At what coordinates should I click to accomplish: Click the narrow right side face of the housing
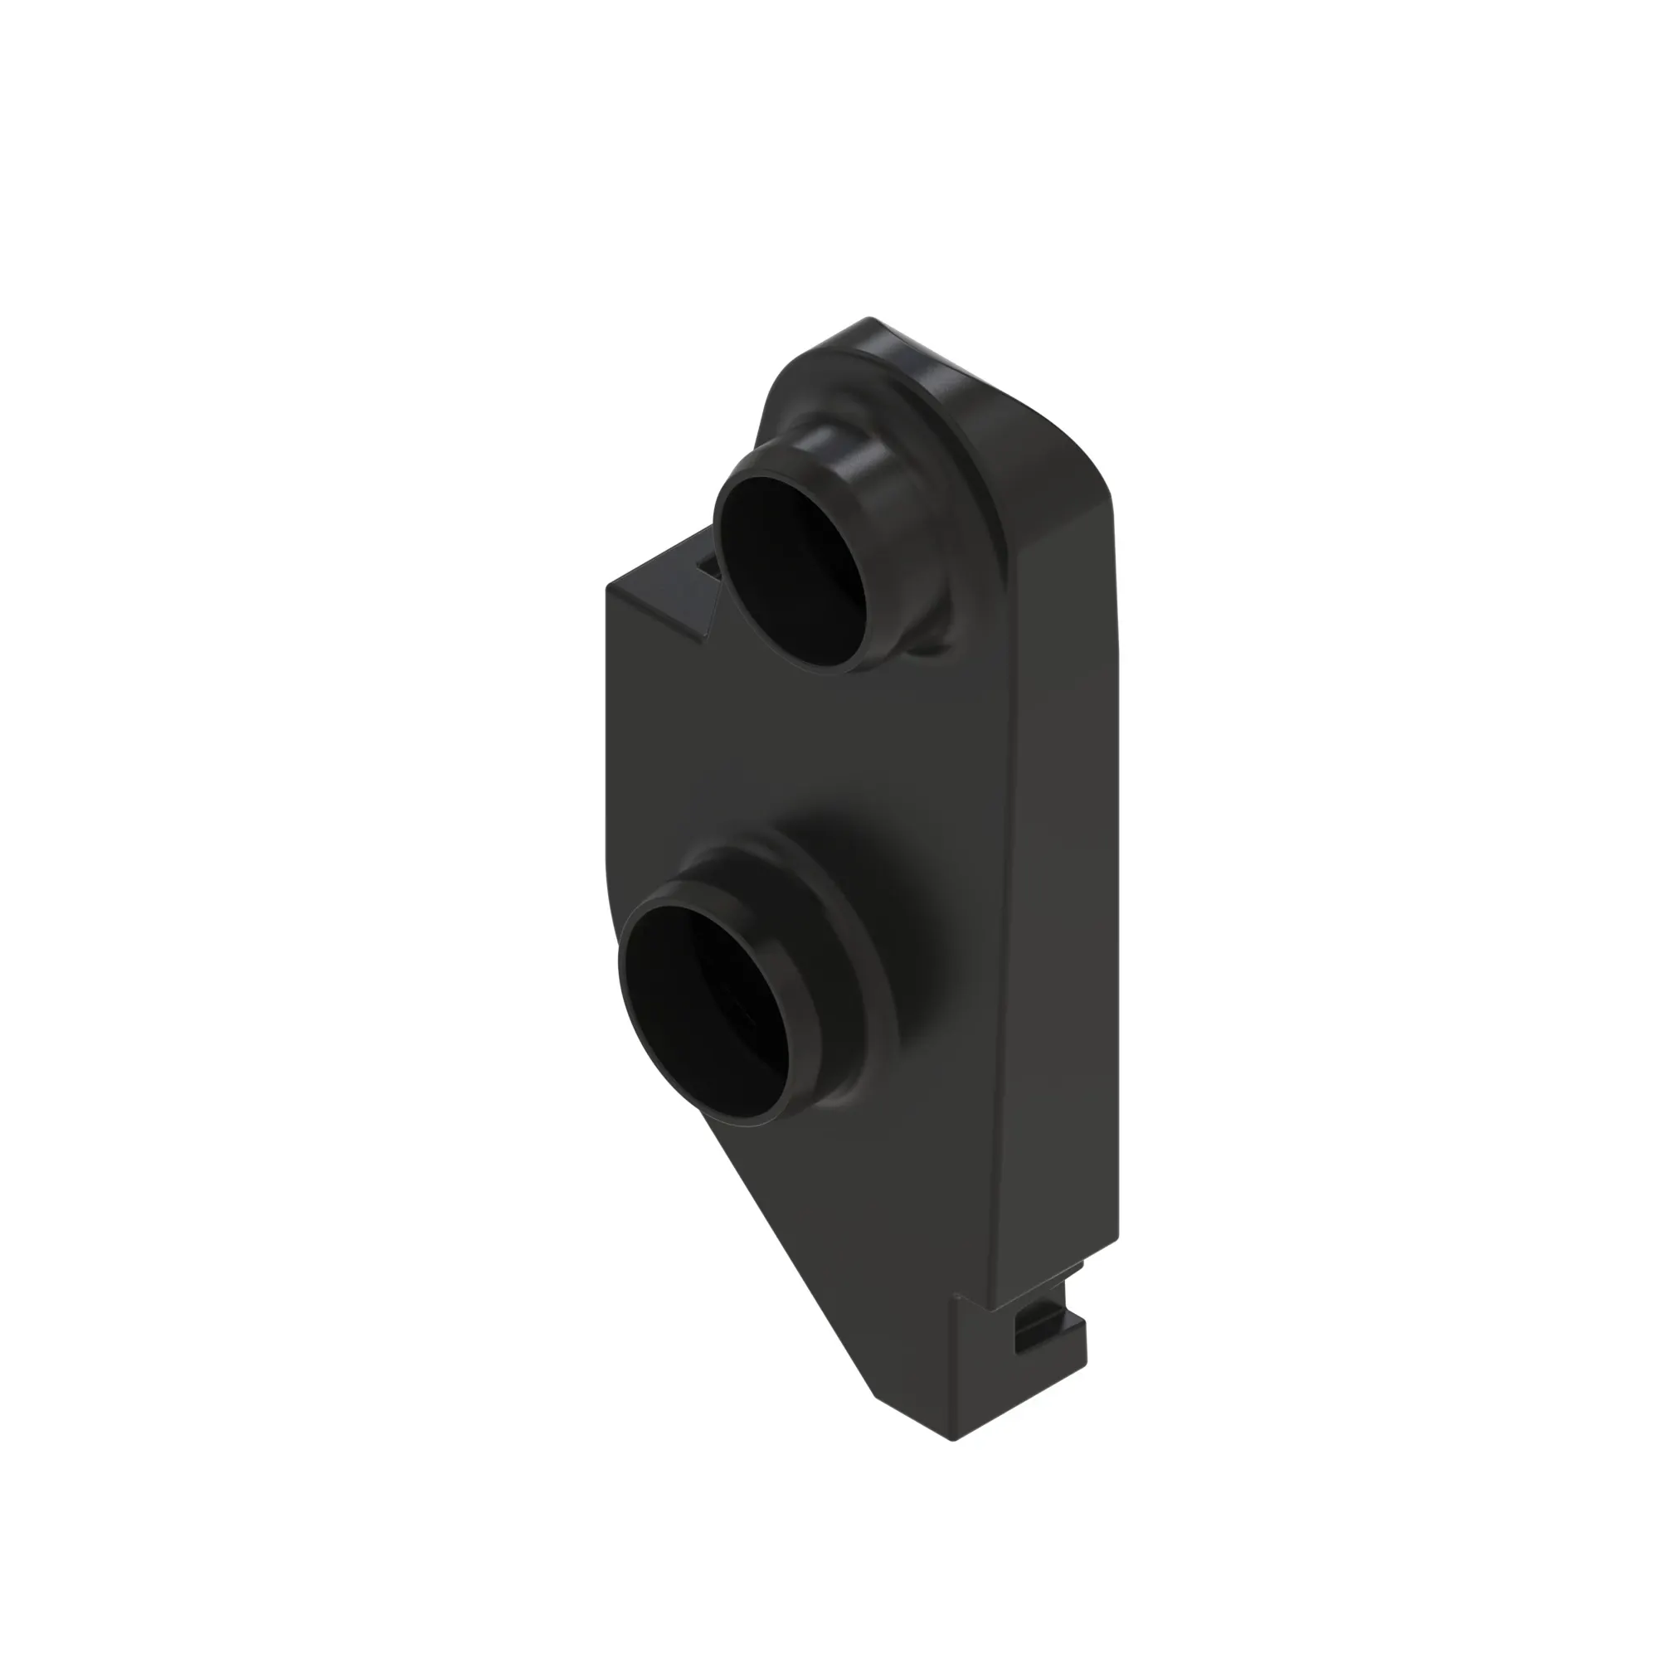[x=1065, y=859]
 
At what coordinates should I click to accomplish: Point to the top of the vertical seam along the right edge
[x=1005, y=550]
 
